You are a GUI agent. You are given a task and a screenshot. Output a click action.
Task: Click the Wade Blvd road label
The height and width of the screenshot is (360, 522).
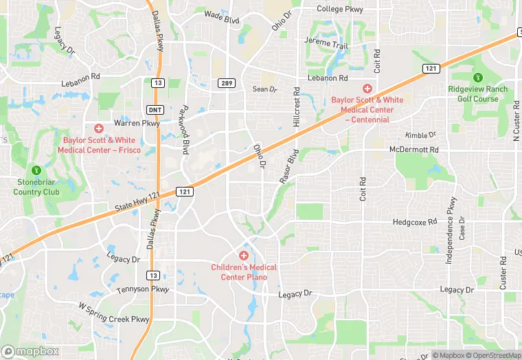(x=222, y=16)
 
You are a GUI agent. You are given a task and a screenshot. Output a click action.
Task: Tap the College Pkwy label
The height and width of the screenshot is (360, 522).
(x=339, y=9)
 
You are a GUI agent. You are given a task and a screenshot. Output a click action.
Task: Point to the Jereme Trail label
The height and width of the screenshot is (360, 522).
(x=326, y=44)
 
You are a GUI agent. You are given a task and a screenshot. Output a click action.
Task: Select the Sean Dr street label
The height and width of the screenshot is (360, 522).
(x=264, y=89)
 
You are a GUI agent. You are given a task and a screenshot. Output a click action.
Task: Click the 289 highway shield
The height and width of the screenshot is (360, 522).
(x=227, y=83)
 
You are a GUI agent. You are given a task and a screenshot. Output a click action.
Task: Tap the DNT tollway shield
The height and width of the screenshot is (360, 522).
(x=154, y=110)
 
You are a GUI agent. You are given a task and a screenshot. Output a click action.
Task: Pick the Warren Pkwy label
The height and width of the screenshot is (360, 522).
(x=136, y=124)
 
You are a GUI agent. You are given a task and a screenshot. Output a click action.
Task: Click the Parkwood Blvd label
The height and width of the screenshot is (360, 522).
(x=183, y=130)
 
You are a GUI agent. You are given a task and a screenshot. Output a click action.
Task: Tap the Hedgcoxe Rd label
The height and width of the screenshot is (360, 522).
(x=415, y=222)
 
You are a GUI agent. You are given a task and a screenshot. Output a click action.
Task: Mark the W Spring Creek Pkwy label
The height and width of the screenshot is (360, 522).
(x=113, y=313)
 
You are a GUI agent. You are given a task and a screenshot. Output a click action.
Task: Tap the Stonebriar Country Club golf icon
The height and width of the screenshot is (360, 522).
(x=36, y=170)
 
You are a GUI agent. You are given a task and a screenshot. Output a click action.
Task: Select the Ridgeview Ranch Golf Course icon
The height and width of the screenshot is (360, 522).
(x=478, y=76)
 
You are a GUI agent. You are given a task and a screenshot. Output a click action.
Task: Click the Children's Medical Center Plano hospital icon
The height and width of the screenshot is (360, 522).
(x=243, y=256)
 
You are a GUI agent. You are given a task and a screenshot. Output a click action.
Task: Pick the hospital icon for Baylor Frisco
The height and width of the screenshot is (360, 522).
(x=98, y=128)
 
